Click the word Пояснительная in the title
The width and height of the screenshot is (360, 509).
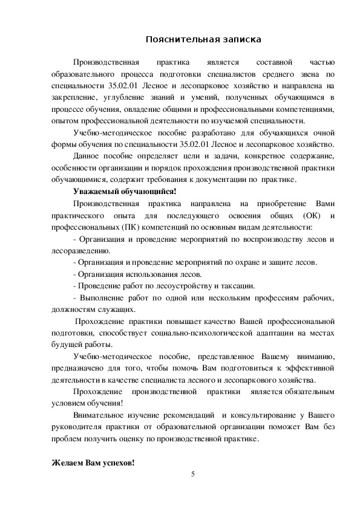click(179, 40)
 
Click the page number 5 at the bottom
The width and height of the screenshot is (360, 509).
click(192, 473)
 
